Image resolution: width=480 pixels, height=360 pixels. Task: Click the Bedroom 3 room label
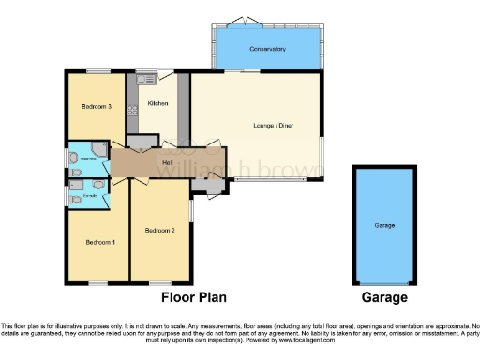point(97,107)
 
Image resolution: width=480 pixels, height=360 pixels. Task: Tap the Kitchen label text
point(157,103)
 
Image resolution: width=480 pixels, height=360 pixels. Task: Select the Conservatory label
point(267,48)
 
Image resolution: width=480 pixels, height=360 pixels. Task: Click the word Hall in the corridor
point(168,164)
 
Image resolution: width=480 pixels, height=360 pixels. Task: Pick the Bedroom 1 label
point(100,242)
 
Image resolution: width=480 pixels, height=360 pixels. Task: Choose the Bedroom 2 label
point(160,230)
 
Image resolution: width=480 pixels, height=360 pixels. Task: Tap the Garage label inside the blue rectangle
point(384,226)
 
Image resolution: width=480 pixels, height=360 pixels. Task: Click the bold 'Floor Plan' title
point(194,297)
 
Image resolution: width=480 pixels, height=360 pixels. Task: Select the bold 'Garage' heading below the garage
point(384,297)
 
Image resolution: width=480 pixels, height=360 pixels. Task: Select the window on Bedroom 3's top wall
point(97,72)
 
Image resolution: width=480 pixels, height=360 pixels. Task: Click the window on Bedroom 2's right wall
point(191,208)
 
